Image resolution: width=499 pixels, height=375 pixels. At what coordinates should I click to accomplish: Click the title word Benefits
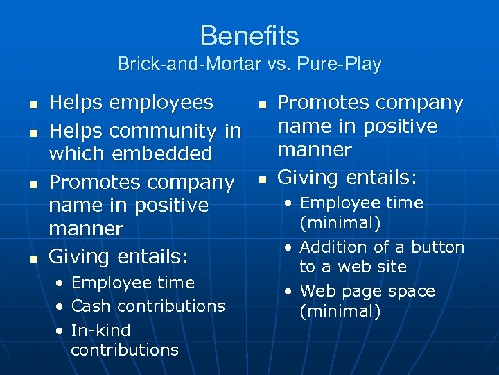click(249, 35)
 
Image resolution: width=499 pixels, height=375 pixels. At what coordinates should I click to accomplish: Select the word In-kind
click(100, 330)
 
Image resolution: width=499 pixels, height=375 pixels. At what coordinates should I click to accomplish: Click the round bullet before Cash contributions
click(61, 307)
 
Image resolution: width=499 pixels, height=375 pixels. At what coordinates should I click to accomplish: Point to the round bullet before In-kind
click(61, 331)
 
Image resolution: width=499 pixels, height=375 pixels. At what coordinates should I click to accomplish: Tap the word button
click(439, 247)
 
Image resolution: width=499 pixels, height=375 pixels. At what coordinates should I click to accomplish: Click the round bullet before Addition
click(288, 248)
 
